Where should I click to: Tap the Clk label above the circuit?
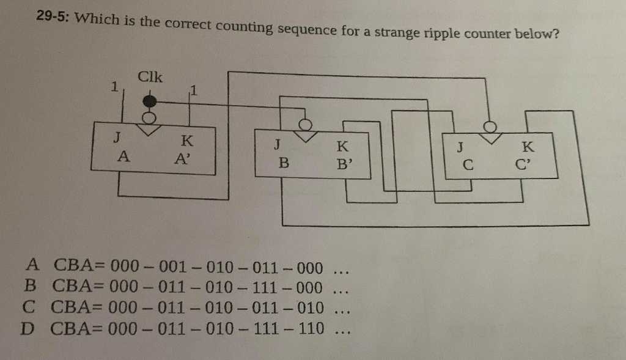click(x=150, y=78)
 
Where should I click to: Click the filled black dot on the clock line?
click(x=149, y=101)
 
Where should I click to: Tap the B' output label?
click(x=345, y=163)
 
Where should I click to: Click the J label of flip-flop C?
click(x=460, y=147)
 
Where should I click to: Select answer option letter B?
click(x=31, y=285)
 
